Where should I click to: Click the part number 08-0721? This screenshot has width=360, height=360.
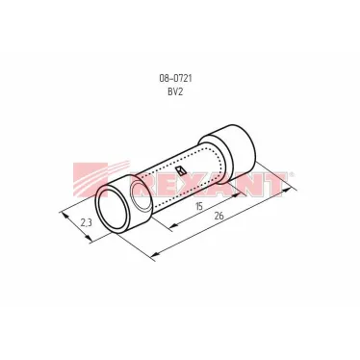pyautogui.click(x=175, y=78)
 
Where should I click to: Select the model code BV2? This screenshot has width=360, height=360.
pyautogui.click(x=175, y=92)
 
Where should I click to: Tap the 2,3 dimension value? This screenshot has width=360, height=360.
pyautogui.click(x=87, y=222)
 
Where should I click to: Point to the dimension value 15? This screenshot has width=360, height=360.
pyautogui.click(x=199, y=206)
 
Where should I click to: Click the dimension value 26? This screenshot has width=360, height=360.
pyautogui.click(x=219, y=216)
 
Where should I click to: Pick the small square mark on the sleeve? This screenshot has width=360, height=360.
pyautogui.click(x=182, y=170)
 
